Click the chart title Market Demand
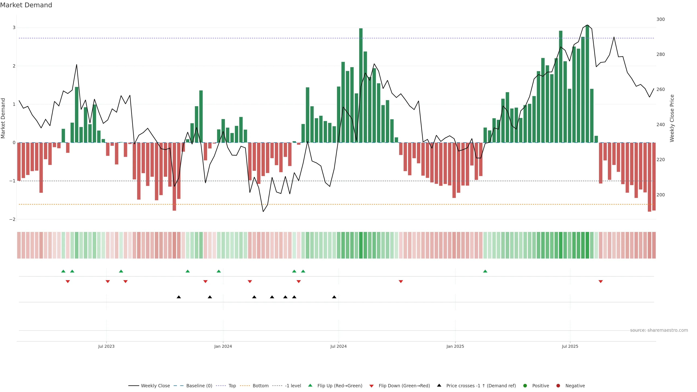click(x=26, y=5)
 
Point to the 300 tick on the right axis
click(x=661, y=19)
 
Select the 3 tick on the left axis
click(x=14, y=28)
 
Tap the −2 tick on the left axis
click(x=13, y=219)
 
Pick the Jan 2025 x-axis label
click(x=455, y=346)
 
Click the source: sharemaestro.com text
click(x=659, y=330)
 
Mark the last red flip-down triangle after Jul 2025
click(x=601, y=282)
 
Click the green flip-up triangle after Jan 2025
click(x=485, y=271)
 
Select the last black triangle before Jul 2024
click(x=334, y=297)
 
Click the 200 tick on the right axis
click(x=661, y=195)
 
